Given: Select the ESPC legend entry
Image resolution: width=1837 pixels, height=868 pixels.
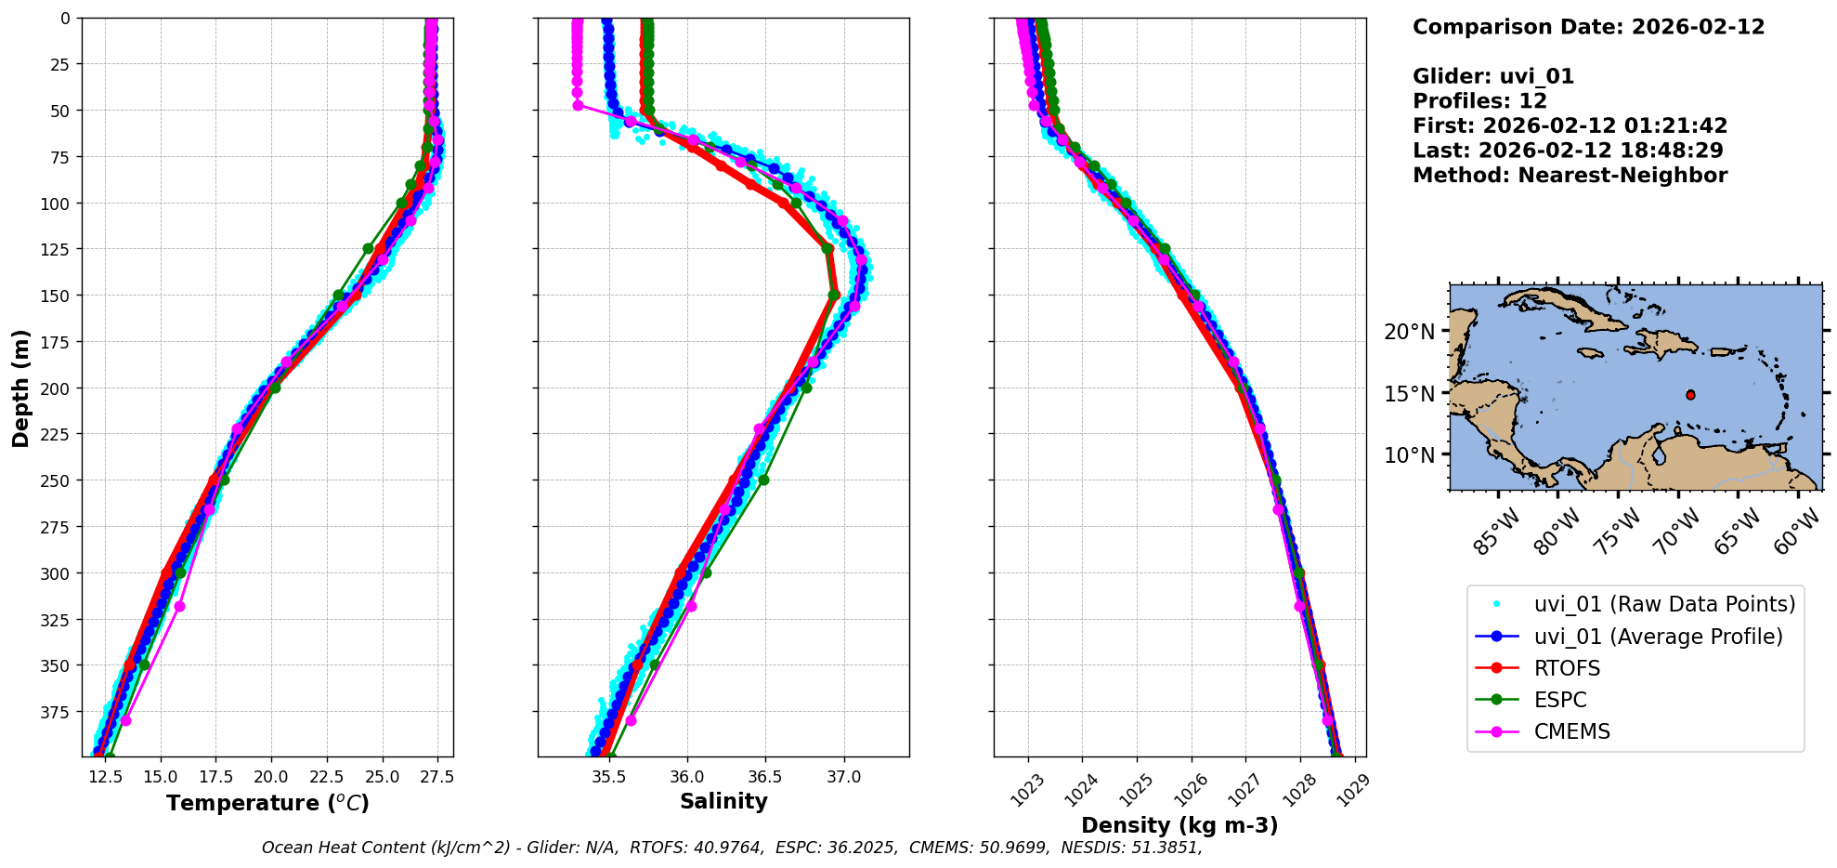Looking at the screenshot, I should point(1560,701).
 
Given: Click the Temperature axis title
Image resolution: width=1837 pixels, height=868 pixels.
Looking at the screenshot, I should point(267,803).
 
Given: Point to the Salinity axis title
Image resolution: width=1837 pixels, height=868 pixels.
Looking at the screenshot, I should point(723,802).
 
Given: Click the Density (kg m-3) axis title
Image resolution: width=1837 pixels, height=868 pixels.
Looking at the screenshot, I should point(1179,825).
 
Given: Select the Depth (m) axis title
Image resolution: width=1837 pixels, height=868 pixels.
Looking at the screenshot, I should point(20,388).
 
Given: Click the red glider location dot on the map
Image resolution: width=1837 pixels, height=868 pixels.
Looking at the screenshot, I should point(1690,395).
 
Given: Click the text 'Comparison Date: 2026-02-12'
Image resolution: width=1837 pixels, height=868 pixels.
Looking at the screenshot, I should point(1588,27).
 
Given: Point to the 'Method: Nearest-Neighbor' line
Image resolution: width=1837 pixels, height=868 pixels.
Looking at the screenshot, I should point(1570,176).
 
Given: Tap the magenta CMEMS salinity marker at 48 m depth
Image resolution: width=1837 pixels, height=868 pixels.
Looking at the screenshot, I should point(578,106).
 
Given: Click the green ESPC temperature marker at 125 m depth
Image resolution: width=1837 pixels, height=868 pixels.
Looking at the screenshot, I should point(368,249).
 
